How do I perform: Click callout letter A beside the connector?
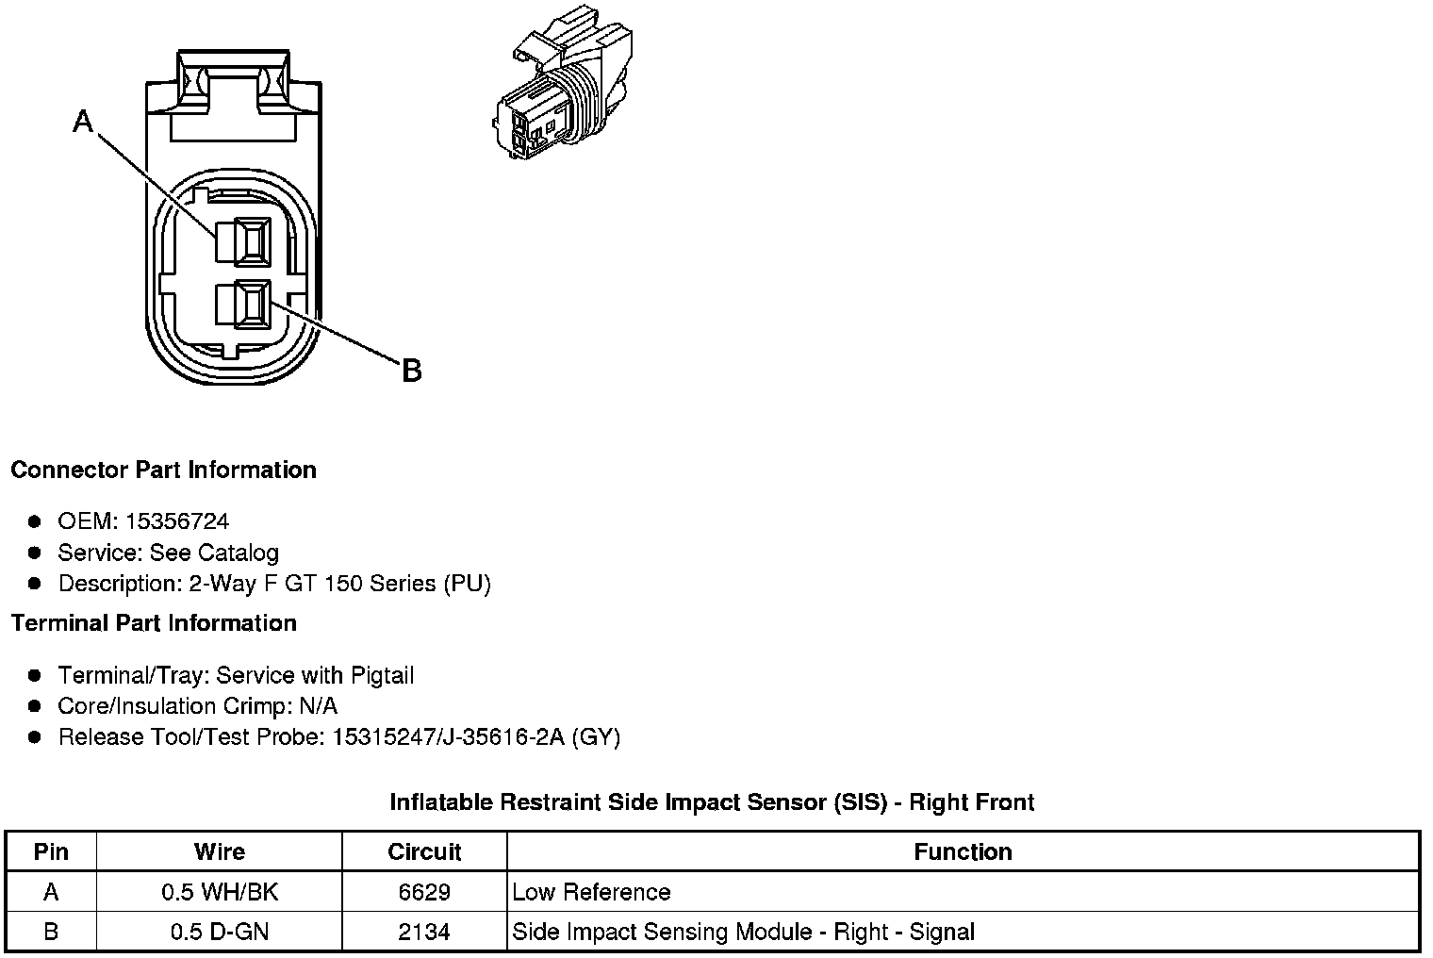(84, 122)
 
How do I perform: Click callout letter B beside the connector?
(411, 371)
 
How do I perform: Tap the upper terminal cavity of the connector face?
(243, 240)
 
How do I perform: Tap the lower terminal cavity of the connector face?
(243, 304)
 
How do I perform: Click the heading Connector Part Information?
(163, 470)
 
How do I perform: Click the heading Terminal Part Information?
(154, 623)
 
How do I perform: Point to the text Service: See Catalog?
(169, 553)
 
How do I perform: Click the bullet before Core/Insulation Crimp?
(35, 705)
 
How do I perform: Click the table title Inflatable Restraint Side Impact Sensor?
(712, 802)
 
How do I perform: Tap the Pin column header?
(51, 851)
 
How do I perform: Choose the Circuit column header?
(424, 851)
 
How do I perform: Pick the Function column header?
(963, 851)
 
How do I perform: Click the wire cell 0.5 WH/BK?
(220, 892)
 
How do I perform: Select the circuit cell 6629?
(424, 892)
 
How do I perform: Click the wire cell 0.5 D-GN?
(220, 933)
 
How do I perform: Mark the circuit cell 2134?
(424, 933)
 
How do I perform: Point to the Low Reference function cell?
(591, 892)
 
